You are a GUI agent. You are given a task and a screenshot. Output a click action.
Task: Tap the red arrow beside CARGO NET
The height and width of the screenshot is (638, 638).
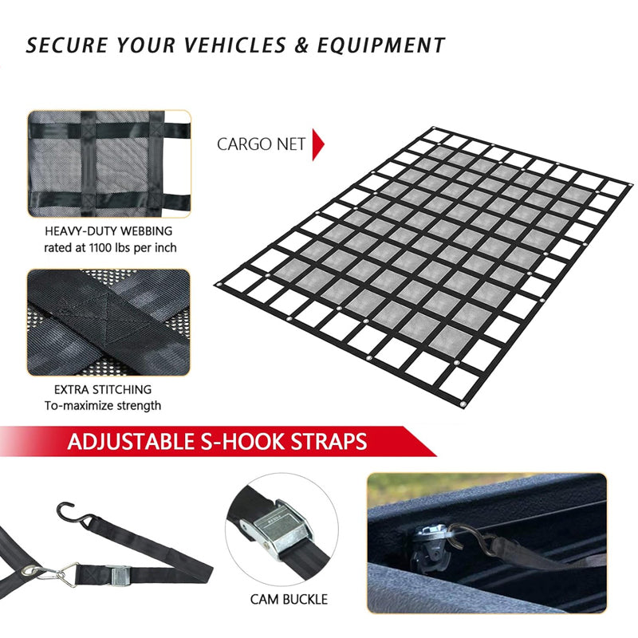318,144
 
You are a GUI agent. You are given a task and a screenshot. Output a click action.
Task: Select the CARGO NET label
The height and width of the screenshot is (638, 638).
261,144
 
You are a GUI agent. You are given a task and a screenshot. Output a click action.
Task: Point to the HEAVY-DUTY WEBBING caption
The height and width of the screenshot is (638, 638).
109,231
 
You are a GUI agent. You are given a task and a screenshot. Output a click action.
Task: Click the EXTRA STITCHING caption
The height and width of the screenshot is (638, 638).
103,390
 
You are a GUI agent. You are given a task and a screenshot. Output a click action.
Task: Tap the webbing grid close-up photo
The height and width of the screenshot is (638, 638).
109,163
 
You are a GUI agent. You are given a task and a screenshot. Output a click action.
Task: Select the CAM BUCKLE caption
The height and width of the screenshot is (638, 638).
289,599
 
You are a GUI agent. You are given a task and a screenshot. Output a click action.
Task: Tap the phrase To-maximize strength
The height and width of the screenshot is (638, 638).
103,406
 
